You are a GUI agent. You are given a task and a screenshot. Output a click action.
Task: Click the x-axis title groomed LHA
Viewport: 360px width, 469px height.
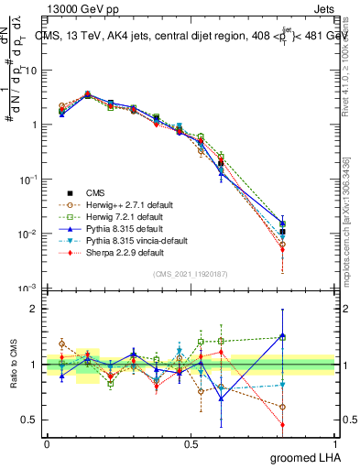(314, 458)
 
